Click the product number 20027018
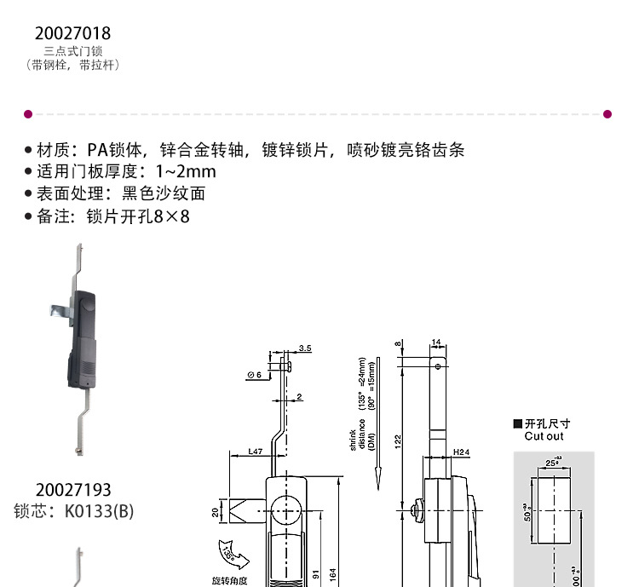pos(72,33)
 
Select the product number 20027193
pos(73,490)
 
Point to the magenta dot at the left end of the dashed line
pos(28,113)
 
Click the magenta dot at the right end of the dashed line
pos(607,113)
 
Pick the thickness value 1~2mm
pos(180,171)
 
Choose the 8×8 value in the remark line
pos(171,216)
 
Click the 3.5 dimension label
pos(306,348)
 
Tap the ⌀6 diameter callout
pos(253,375)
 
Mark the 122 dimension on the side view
pos(398,440)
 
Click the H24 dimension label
pos(461,452)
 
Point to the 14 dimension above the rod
pos(436,342)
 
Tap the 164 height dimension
pos(333,575)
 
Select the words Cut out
pos(544,436)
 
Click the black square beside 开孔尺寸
pos(517,423)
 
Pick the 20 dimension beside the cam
pos(216,513)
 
